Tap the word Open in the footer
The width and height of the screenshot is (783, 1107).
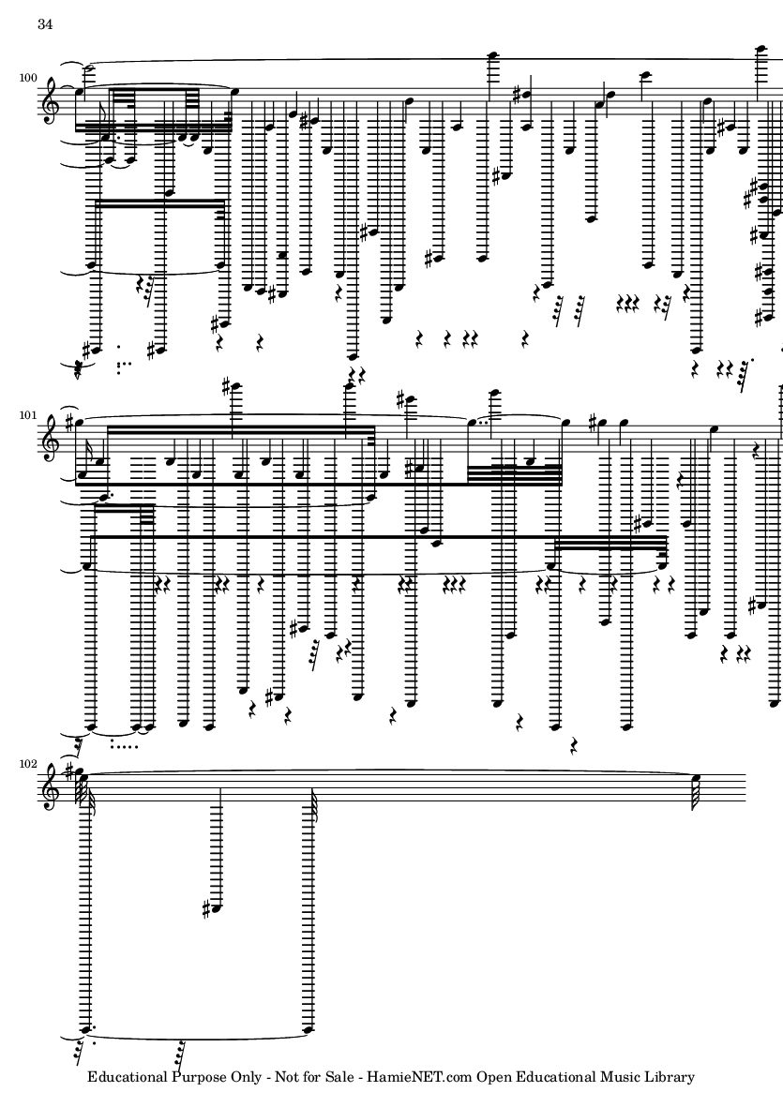(496, 1077)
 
